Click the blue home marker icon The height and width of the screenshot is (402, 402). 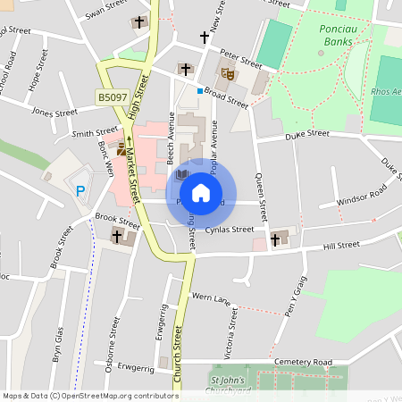click(x=201, y=192)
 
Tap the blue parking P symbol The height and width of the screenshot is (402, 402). click(x=80, y=190)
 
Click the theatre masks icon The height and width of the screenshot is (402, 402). click(x=227, y=76)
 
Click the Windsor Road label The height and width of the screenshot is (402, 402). click(x=361, y=196)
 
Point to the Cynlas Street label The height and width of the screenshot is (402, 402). click(x=230, y=230)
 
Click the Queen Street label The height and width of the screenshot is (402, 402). click(x=262, y=198)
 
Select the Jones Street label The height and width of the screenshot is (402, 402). click(x=54, y=113)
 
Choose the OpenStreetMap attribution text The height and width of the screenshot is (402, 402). click(x=90, y=396)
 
